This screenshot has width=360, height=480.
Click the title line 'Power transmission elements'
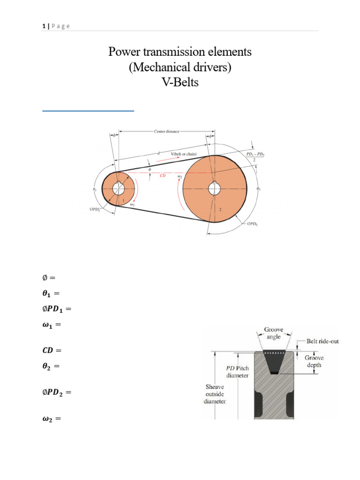coord(180,52)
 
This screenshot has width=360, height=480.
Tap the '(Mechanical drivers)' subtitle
coord(180,68)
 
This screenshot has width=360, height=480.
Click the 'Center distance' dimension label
coord(166,132)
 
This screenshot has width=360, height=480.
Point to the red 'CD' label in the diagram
coord(163,176)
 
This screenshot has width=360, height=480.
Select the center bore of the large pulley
coord(215,188)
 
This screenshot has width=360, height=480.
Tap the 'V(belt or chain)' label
coord(183,154)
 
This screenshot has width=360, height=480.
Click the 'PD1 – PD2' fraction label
coord(255,156)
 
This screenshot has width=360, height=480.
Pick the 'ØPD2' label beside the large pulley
coord(252,225)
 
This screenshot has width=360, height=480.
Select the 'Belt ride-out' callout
coord(322,342)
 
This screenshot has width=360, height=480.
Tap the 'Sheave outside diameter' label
coord(215,395)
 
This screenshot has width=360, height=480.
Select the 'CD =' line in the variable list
coord(52,351)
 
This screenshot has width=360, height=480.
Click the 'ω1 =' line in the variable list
coord(52,324)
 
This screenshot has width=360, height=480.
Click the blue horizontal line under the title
coord(88,111)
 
